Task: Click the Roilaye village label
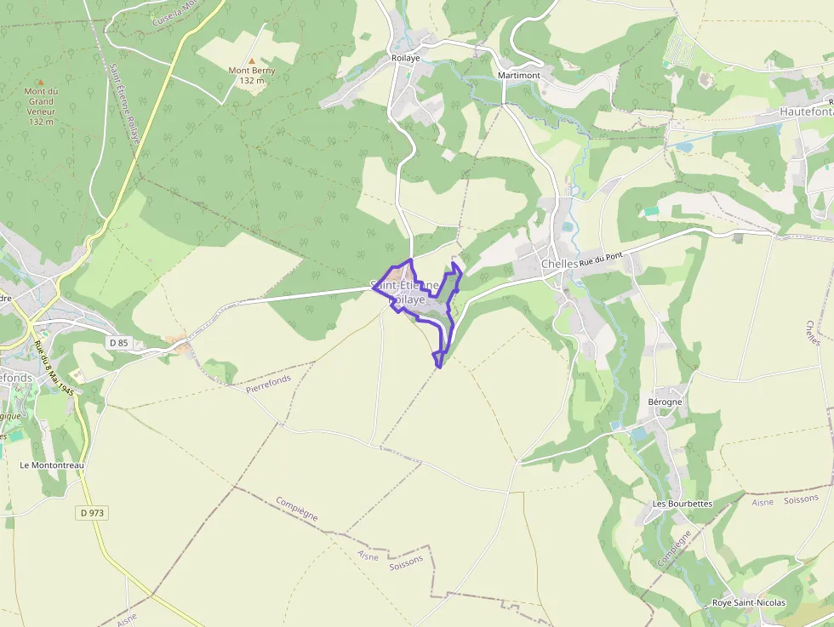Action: coord(406,58)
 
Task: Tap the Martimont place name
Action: coord(518,76)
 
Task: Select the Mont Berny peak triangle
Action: coord(251,60)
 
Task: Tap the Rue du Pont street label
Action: coord(602,259)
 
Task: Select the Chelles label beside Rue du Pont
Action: coord(559,264)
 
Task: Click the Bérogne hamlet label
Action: coord(665,402)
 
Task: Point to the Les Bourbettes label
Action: coord(682,504)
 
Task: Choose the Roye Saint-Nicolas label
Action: coord(749,603)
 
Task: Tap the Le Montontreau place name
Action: coord(52,465)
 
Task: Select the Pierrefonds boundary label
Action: coord(268,384)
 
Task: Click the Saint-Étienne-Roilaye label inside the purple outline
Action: coord(406,292)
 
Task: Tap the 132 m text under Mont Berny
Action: coord(252,81)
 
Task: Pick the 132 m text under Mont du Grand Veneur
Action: coord(41,122)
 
